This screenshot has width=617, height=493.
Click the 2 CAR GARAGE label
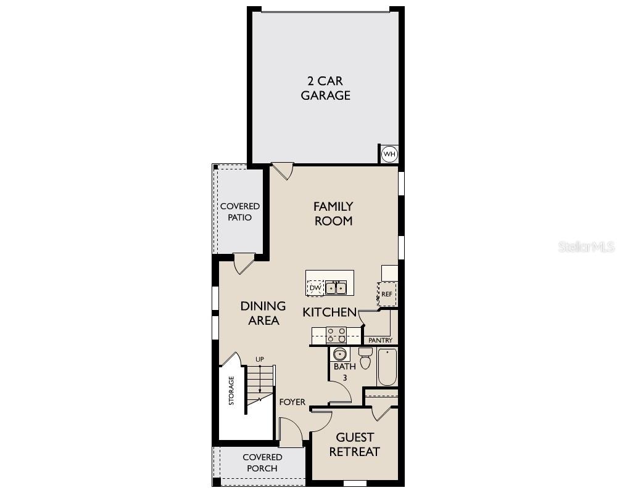click(x=325, y=88)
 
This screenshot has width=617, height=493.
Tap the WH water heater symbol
click(x=389, y=154)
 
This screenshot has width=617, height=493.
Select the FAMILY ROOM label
click(x=333, y=213)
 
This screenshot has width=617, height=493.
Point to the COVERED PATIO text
click(x=240, y=211)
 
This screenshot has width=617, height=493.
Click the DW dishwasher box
click(x=315, y=288)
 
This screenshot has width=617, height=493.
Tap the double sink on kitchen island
click(x=336, y=288)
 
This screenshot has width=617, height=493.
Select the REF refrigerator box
click(x=387, y=295)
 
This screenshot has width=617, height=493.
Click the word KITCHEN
click(x=329, y=312)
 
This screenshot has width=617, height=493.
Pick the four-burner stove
click(x=336, y=335)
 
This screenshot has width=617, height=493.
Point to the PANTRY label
click(x=380, y=340)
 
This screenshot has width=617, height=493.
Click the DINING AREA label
click(x=263, y=313)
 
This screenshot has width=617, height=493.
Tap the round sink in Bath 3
click(x=340, y=354)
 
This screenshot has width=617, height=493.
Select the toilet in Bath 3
click(x=365, y=358)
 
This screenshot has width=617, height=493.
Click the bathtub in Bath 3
click(x=387, y=367)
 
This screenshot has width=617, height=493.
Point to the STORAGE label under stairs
click(x=231, y=390)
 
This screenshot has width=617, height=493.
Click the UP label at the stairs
click(x=260, y=359)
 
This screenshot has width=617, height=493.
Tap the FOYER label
click(x=292, y=402)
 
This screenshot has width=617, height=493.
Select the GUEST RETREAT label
click(x=354, y=444)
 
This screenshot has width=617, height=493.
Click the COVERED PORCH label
click(x=262, y=463)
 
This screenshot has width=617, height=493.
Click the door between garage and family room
click(x=282, y=171)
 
